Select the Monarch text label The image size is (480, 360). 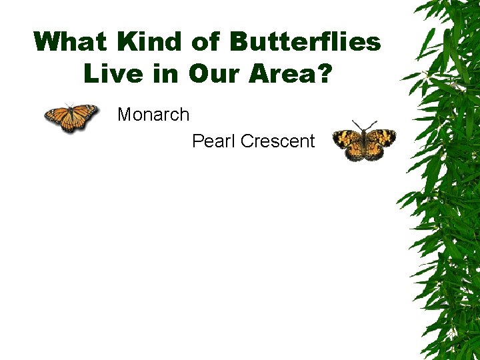pyautogui.click(x=153, y=115)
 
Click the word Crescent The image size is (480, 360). pyautogui.click(x=277, y=141)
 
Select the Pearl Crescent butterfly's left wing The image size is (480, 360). pyautogui.click(x=348, y=143)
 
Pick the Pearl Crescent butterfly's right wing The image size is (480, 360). pyautogui.click(x=379, y=141)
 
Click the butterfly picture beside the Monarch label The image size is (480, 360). pyautogui.click(x=71, y=118)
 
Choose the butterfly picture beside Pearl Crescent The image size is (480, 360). pyautogui.click(x=364, y=142)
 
